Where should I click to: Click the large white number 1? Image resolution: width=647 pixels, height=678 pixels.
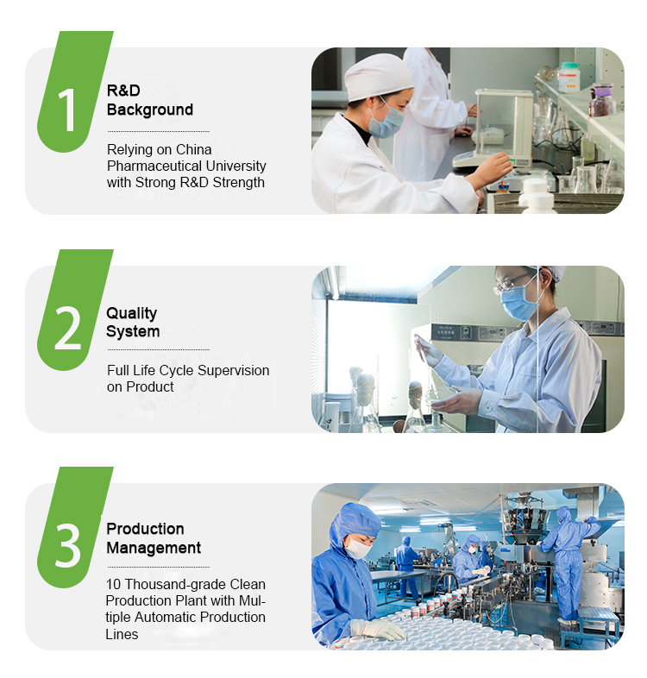[66, 110]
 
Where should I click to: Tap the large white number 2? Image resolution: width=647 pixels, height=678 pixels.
[67, 328]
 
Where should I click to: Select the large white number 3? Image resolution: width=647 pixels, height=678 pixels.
[67, 546]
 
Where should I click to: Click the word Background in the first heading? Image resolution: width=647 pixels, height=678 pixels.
[149, 110]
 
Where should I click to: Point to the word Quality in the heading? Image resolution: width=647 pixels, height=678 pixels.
[131, 313]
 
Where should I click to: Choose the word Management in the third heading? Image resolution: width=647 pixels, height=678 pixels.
[154, 548]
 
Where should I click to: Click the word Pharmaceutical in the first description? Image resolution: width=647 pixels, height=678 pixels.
[154, 166]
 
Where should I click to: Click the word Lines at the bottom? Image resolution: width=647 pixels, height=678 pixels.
[122, 634]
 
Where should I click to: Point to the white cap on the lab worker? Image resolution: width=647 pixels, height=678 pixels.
[379, 76]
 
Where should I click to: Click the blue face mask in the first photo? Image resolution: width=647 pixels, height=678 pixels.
[386, 121]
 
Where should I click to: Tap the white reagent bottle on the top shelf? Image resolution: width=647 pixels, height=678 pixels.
[568, 78]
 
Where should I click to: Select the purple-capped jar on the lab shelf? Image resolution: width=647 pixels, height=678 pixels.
[602, 100]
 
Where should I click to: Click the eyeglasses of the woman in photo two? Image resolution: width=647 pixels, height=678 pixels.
[512, 283]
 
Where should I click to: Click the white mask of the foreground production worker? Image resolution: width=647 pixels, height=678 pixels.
[358, 548]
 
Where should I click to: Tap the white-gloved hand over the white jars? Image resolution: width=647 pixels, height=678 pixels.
[377, 630]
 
